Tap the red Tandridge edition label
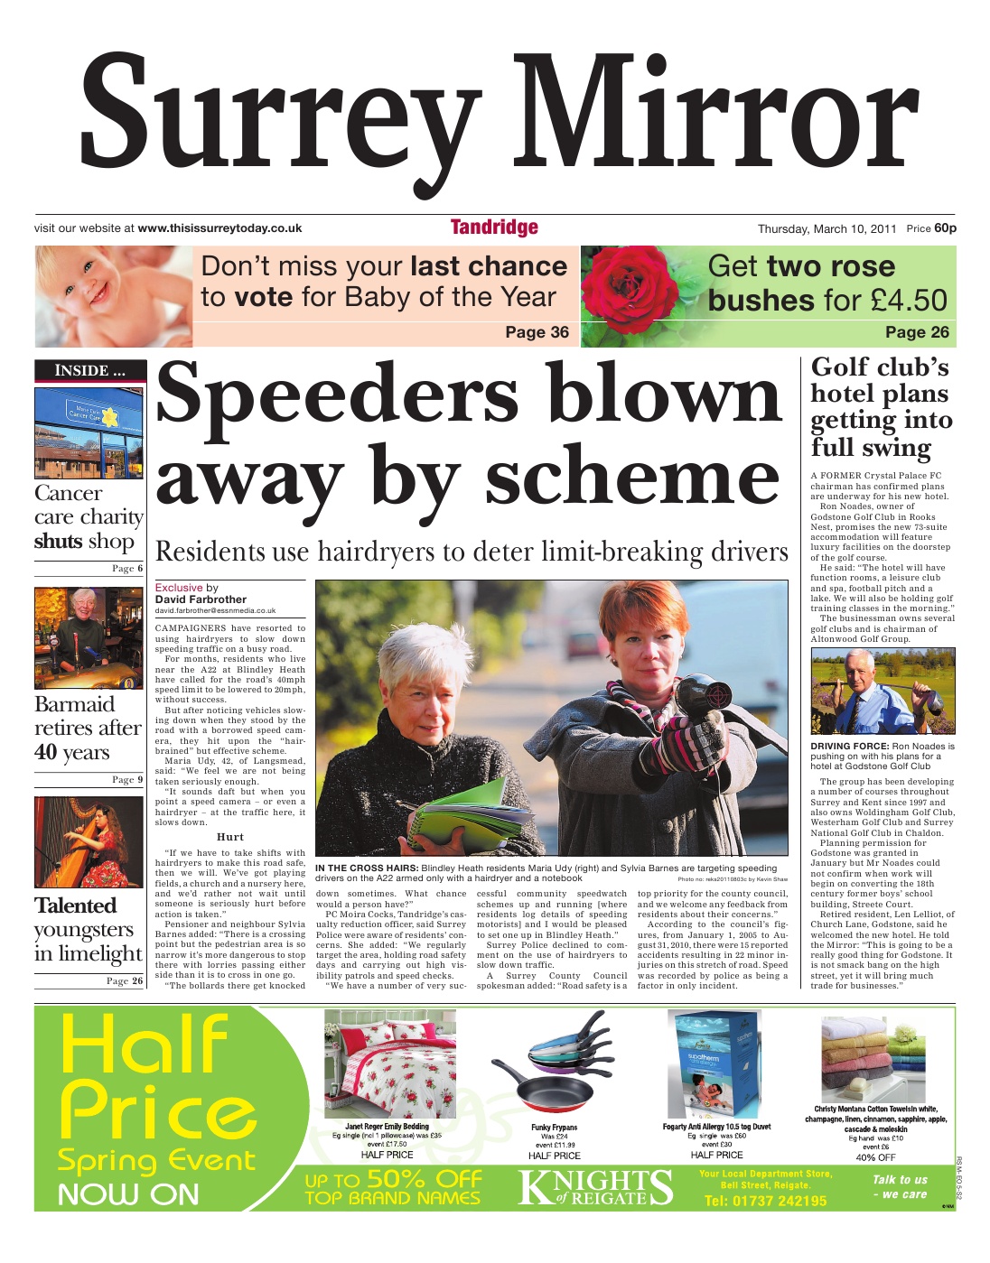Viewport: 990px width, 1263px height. coord(494,228)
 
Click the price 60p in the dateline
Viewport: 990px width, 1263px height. coord(945,228)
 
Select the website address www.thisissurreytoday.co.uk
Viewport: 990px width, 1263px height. coord(219,228)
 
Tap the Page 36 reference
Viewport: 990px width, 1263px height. coord(537,332)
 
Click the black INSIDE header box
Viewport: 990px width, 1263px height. coord(89,370)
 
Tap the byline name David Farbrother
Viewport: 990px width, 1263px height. coord(201,599)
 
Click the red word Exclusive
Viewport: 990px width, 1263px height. coord(179,588)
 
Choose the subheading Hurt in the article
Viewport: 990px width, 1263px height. coord(230,837)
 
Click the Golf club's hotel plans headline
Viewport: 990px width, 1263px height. coord(879,406)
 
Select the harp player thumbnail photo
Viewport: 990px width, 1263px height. coord(89,840)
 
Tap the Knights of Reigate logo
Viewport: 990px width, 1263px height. coord(596,1187)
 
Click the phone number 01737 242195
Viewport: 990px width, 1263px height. coord(765,1201)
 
